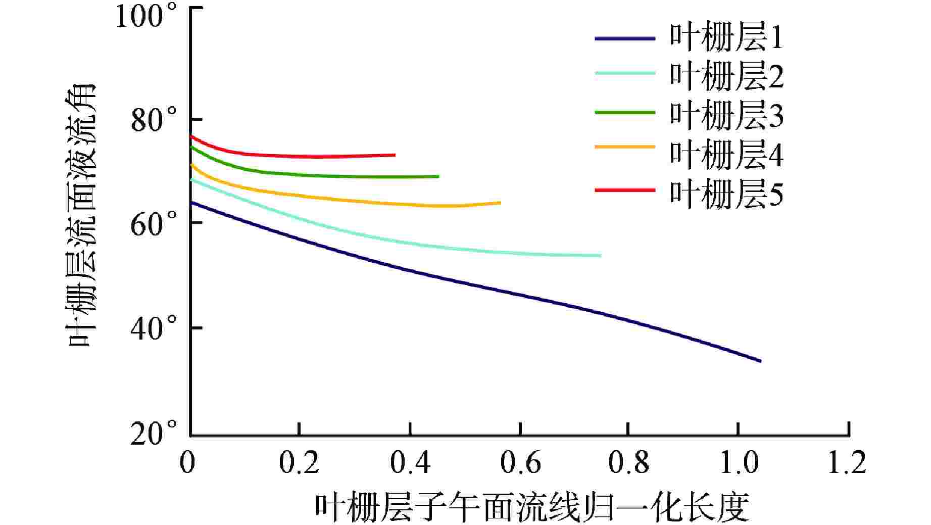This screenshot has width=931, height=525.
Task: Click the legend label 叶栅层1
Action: pyautogui.click(x=726, y=38)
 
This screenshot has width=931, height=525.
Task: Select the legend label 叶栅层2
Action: pyautogui.click(x=726, y=76)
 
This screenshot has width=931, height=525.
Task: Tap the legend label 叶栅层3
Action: pyautogui.click(x=726, y=115)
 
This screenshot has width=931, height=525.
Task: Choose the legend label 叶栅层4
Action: pyautogui.click(x=726, y=154)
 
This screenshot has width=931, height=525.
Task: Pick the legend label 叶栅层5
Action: pyautogui.click(x=726, y=194)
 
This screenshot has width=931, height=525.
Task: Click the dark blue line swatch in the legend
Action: pyautogui.click(x=625, y=38)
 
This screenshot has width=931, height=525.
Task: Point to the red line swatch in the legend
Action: pyautogui.click(x=625, y=190)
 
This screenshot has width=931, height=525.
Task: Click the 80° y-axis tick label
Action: pyautogui.click(x=154, y=120)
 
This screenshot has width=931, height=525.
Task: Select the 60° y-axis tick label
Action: pyautogui.click(x=154, y=224)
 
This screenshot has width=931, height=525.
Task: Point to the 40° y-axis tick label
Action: pyautogui.click(x=154, y=328)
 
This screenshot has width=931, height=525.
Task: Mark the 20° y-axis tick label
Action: pyautogui.click(x=154, y=433)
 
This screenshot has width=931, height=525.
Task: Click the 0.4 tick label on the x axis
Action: pyautogui.click(x=411, y=462)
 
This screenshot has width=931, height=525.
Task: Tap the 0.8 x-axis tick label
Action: pyautogui.click(x=628, y=462)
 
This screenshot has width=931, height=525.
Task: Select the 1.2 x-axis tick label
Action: pyautogui.click(x=847, y=462)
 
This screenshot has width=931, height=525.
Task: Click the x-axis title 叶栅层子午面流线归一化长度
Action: pyautogui.click(x=531, y=507)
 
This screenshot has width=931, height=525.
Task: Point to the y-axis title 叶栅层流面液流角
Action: pyautogui.click(x=82, y=215)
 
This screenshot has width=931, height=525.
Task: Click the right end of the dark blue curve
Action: pyautogui.click(x=760, y=361)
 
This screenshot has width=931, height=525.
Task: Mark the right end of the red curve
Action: pyautogui.click(x=395, y=155)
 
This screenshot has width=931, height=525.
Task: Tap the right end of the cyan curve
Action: pyautogui.click(x=600, y=256)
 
